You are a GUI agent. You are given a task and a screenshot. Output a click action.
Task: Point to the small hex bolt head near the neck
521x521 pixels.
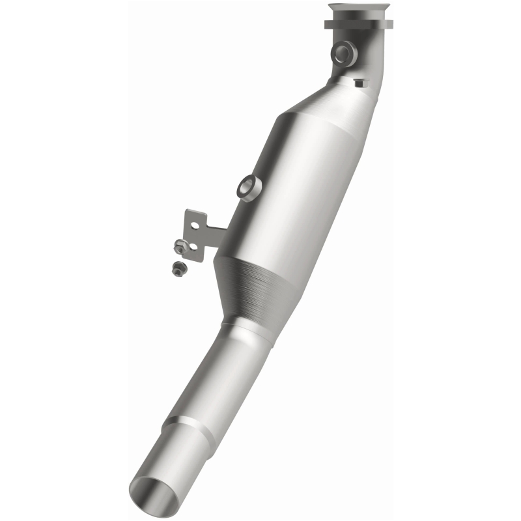click(359, 83)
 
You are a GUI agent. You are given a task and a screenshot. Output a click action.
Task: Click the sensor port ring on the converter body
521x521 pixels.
click(247, 187)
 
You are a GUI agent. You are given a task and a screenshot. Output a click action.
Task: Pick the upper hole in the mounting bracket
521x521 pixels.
click(193, 221)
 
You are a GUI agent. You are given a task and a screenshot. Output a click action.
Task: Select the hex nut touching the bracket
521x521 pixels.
click(181, 246)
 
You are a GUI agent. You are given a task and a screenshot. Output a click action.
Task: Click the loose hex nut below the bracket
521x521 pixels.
click(176, 268)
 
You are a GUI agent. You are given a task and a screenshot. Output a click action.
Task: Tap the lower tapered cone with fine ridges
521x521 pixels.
click(251, 287)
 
